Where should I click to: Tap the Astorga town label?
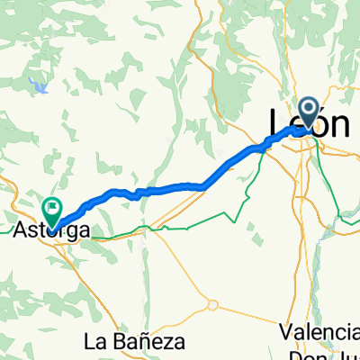coord(53,230)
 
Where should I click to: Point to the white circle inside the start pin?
coord(309,112)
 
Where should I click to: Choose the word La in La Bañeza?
coord(94,342)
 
